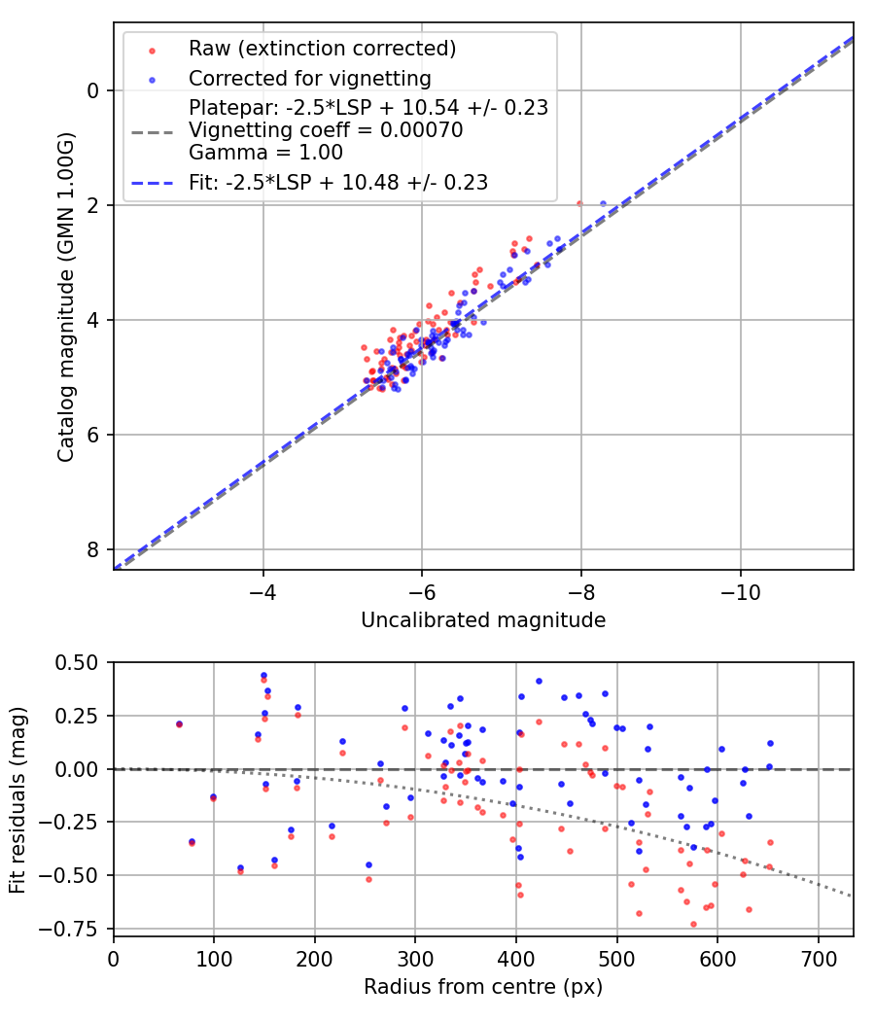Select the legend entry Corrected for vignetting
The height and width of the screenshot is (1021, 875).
309,78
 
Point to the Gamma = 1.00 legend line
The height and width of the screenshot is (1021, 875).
265,152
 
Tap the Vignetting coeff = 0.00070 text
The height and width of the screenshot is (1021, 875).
326,129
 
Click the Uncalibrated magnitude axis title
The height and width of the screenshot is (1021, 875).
483,620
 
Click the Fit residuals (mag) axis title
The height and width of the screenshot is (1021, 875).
18,798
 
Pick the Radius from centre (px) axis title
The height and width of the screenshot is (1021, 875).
483,987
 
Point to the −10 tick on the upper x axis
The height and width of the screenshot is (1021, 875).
741,591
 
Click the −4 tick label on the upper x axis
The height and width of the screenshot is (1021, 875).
262,591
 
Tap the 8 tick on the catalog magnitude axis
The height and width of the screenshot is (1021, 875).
94,549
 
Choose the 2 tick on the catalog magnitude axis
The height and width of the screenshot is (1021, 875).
94,205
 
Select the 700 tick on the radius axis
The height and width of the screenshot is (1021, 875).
818,957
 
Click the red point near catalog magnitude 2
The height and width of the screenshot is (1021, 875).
579,204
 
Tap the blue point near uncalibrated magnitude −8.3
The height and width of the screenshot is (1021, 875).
603,204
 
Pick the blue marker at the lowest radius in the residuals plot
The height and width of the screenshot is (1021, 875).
179,723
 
